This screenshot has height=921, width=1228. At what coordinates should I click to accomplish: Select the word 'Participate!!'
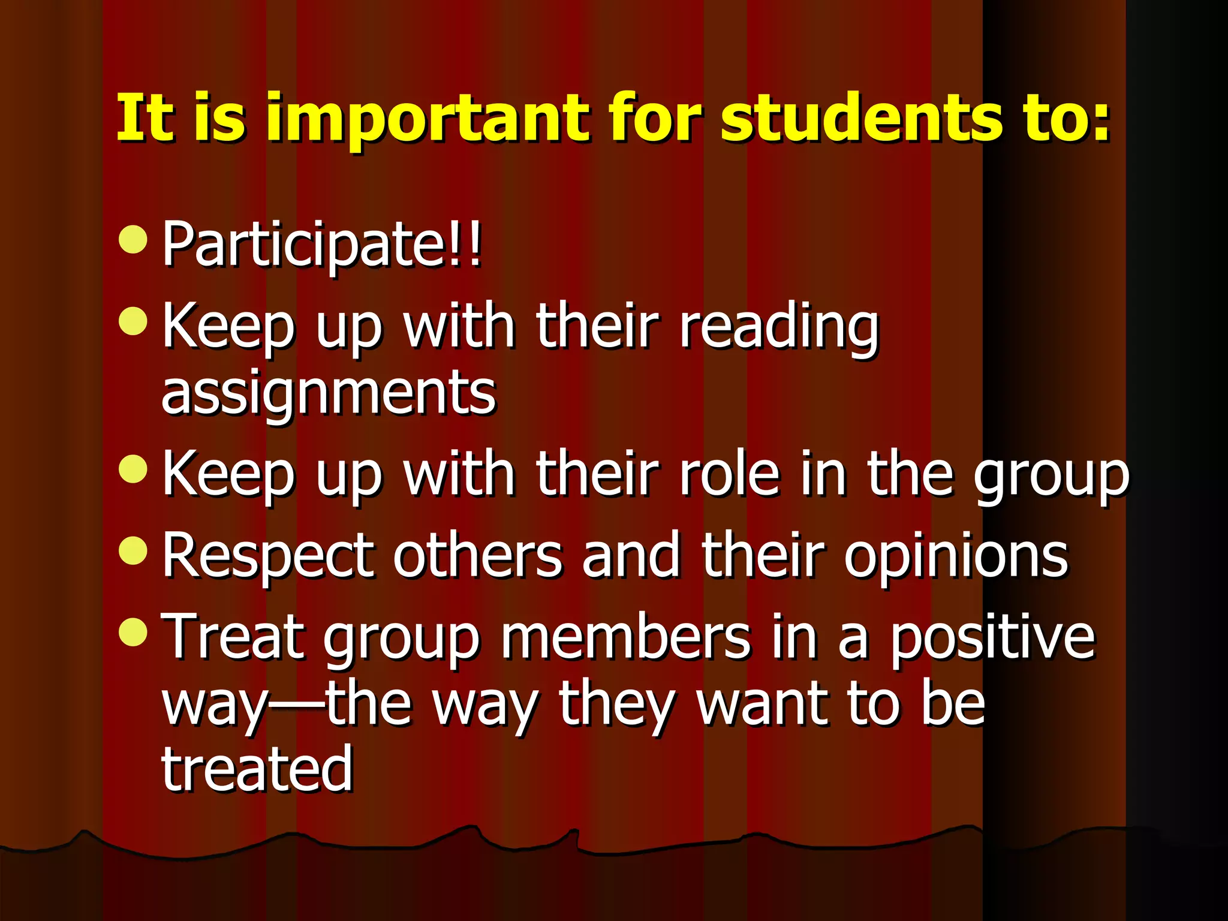(322, 245)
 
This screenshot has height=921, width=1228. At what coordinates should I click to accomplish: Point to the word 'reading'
(778, 327)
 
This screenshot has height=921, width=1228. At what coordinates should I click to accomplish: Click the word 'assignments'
(329, 392)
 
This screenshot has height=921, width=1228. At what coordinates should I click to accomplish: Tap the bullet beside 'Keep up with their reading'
(133, 321)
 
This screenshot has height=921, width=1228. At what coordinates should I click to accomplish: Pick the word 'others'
(477, 555)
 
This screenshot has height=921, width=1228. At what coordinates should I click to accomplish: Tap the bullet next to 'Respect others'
(133, 550)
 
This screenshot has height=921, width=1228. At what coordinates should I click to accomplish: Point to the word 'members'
(625, 637)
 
